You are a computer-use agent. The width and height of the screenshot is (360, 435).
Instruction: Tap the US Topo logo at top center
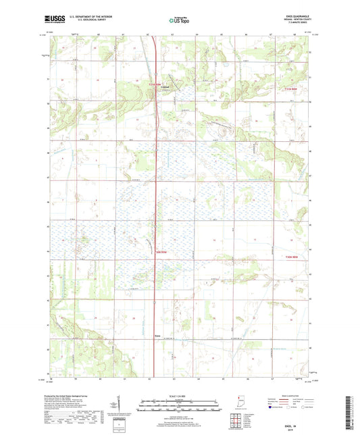click(x=178, y=21)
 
